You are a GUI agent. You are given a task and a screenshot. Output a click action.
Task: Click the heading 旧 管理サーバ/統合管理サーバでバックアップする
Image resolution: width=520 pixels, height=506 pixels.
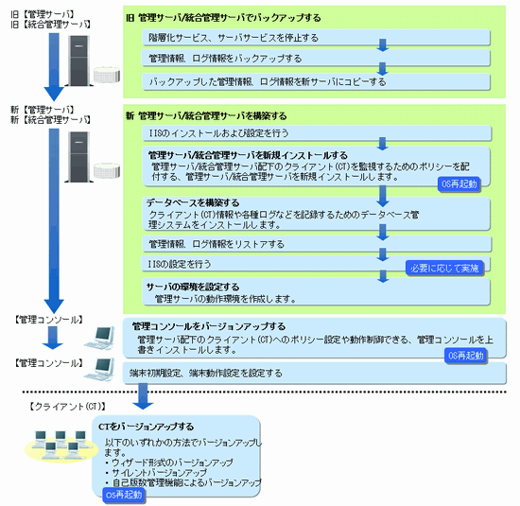click(x=223, y=18)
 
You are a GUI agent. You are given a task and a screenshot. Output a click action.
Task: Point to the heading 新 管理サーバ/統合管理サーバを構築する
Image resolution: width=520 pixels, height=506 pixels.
click(x=206, y=115)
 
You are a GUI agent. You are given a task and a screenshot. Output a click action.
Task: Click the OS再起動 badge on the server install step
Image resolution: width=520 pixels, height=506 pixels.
click(x=459, y=183)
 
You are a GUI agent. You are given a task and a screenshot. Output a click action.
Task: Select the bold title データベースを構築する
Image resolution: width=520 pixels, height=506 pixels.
click(x=193, y=202)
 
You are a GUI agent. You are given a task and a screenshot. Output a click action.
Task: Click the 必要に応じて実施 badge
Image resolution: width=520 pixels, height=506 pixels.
click(x=444, y=268)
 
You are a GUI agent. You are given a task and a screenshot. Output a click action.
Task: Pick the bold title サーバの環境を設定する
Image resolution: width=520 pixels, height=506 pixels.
click(x=193, y=287)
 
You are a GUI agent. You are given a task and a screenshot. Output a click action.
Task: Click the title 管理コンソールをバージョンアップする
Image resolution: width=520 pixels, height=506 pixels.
click(x=209, y=326)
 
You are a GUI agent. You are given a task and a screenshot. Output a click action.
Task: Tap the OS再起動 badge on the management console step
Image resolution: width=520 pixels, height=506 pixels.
click(x=466, y=356)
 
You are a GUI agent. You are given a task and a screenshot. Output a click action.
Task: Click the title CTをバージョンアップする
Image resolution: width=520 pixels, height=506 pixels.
click(x=146, y=427)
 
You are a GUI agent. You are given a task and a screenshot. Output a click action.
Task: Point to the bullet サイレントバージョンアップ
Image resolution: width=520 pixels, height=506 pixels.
click(x=159, y=473)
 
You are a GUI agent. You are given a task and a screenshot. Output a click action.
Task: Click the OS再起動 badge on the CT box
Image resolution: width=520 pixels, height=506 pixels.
click(x=124, y=495)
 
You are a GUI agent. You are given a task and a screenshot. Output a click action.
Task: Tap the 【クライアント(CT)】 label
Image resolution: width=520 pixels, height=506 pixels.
click(x=67, y=407)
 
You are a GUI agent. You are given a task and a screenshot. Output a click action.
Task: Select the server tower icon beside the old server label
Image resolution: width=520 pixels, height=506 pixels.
click(x=78, y=61)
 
